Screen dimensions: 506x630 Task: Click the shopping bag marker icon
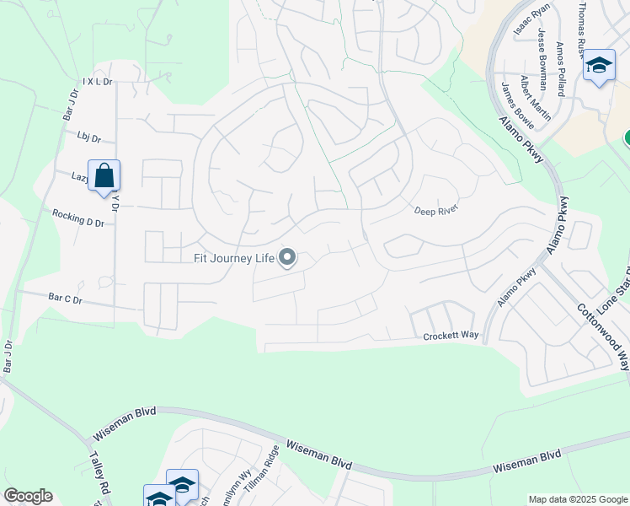[104, 176]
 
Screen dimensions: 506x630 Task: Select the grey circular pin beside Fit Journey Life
[287, 257]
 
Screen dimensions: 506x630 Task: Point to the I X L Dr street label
[98, 82]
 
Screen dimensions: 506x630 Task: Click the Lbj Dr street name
[88, 137]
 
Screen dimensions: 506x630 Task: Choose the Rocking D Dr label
[77, 218]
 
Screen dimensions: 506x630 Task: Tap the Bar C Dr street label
[66, 299]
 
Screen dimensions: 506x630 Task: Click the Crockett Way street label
[451, 336]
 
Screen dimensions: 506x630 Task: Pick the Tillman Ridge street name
[261, 471]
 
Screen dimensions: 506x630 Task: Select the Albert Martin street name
[536, 98]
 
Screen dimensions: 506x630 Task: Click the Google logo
[28, 496]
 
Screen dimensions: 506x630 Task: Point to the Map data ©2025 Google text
[578, 499]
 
